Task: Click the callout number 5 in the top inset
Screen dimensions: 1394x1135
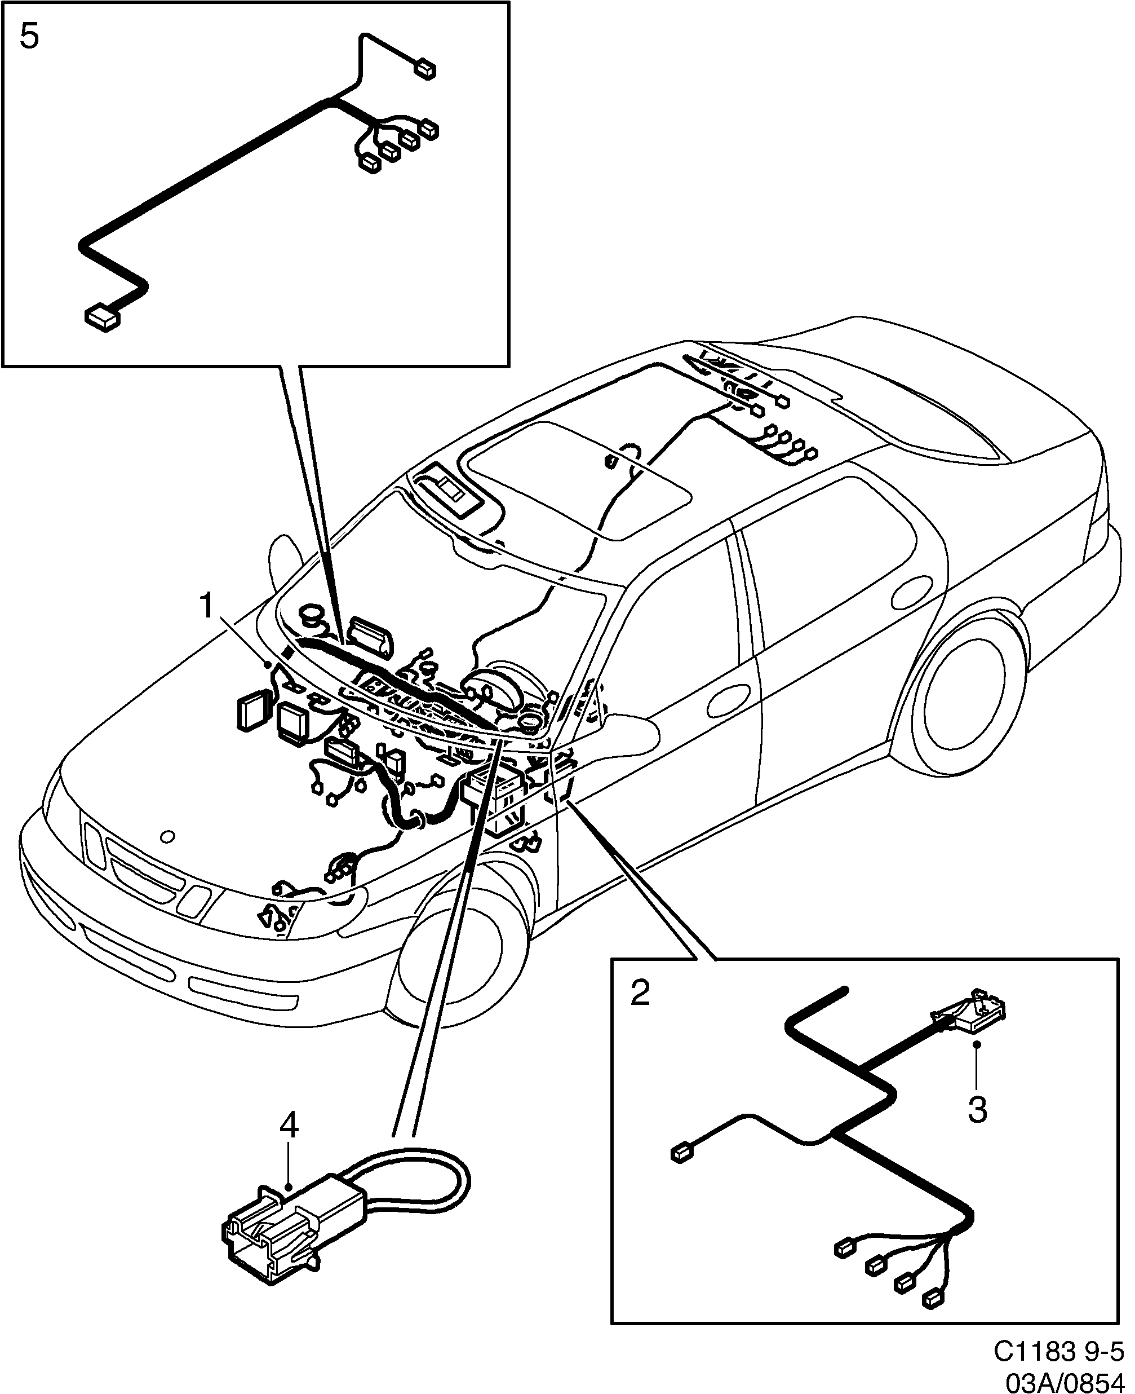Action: tap(29, 37)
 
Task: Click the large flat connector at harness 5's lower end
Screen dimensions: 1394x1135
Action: tap(102, 318)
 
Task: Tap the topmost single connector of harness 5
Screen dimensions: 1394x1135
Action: tap(425, 69)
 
